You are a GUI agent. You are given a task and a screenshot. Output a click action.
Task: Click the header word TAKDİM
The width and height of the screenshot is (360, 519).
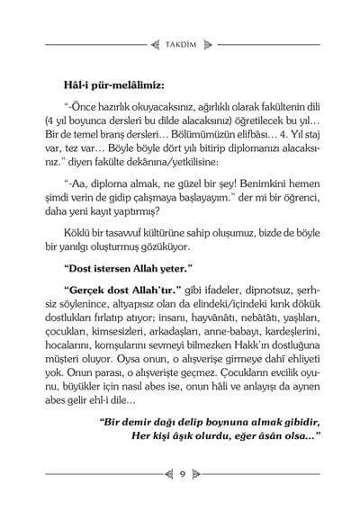181,40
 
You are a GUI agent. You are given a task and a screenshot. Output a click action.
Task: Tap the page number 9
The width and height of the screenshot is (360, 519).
181,473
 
